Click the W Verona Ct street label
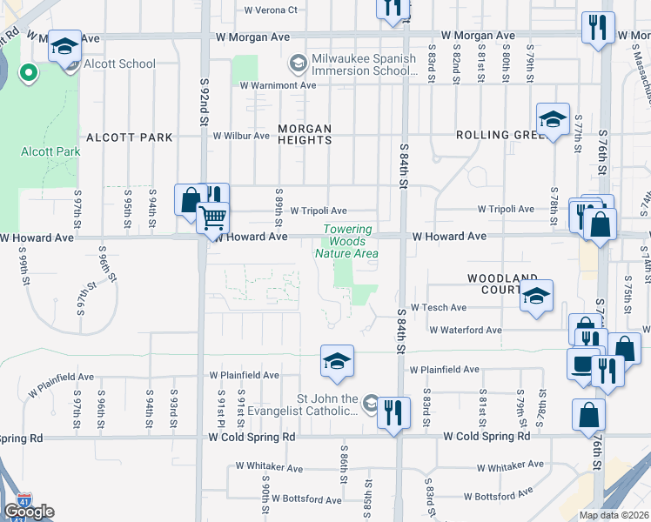[x=271, y=10]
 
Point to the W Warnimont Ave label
[x=278, y=85]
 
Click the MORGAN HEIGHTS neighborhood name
[x=305, y=134]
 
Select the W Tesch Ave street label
[x=439, y=307]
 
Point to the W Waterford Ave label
[x=465, y=330]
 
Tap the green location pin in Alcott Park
[x=28, y=72]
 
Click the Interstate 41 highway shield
[x=23, y=499]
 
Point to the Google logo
[x=29, y=512]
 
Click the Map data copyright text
[x=614, y=515]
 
